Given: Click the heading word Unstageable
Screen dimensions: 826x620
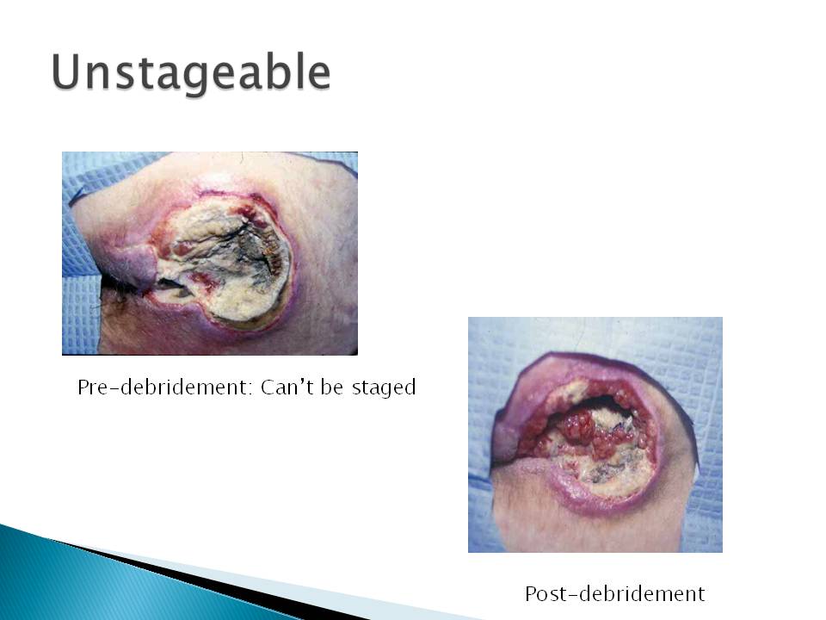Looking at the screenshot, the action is point(191,72).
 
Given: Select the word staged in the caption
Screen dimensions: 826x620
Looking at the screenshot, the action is point(384,388).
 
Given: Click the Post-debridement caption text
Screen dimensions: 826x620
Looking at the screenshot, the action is point(614,593).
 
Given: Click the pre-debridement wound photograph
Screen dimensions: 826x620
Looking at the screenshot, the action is point(210,253).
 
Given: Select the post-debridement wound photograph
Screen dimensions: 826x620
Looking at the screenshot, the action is point(595,434).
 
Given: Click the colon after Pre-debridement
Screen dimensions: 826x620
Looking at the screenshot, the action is point(250,389).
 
